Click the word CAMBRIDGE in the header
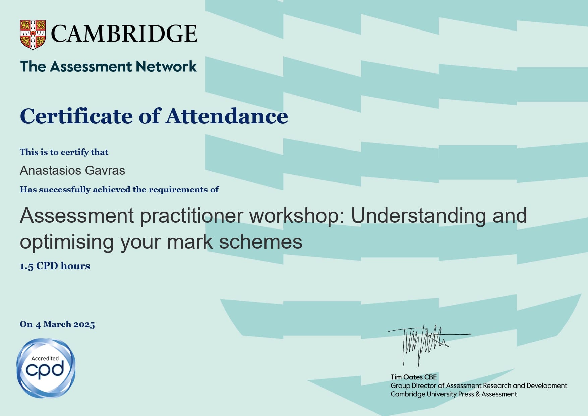[124, 34]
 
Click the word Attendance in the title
[227, 116]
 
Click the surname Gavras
[105, 170]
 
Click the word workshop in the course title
[297, 215]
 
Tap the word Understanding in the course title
[418, 215]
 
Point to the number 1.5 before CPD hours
[27, 266]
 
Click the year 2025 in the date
[84, 324]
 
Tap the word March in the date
[57, 324]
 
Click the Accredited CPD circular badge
[46, 368]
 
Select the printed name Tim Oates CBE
[414, 377]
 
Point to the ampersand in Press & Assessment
[478, 394]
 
